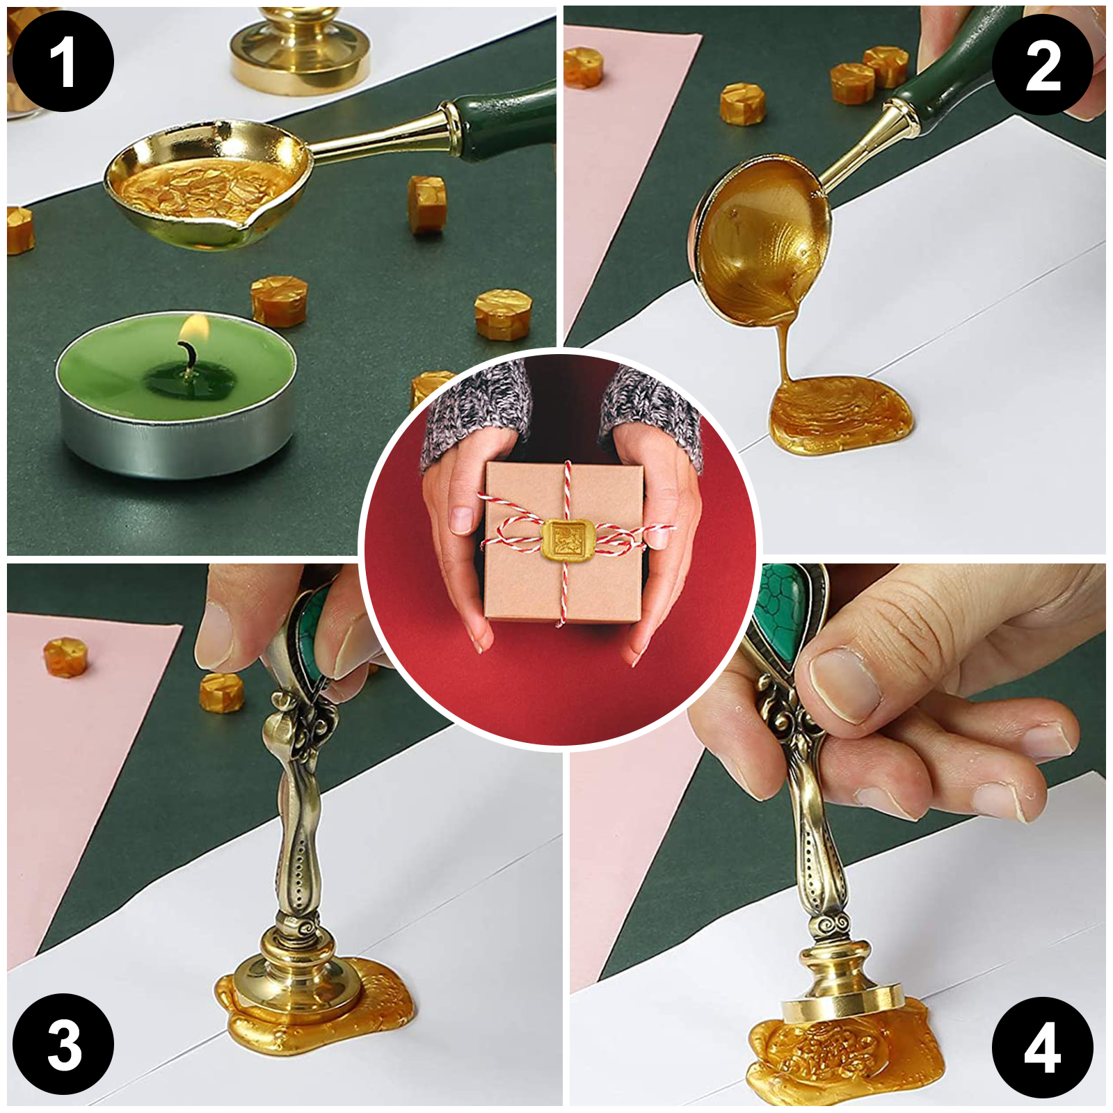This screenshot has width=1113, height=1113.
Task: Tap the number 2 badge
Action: tap(1042, 65)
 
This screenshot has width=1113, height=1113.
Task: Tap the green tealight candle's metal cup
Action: tap(176, 431)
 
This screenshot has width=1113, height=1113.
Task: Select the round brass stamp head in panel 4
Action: tap(842, 1006)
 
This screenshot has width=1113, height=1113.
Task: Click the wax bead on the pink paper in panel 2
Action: tap(582, 67)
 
